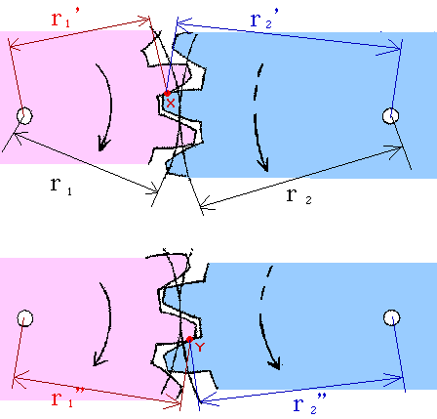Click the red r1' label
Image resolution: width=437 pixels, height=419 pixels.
click(64, 20)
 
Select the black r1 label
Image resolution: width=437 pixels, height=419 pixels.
click(61, 186)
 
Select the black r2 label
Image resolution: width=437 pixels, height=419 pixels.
click(299, 196)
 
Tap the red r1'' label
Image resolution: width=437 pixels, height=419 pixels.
click(67, 398)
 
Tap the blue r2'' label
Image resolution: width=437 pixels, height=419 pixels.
click(310, 403)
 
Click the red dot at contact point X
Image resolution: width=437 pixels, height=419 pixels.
click(167, 94)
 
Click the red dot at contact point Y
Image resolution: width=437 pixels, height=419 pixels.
click(189, 340)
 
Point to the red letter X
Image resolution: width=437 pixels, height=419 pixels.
click(171, 104)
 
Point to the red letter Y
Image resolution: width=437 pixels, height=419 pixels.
click(200, 347)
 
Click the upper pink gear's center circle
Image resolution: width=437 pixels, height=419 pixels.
click(24, 116)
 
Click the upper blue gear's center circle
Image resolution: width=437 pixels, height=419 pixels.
click(391, 116)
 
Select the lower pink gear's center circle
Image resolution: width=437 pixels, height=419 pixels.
click(24, 318)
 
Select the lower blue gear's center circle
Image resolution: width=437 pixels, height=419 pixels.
click(392, 317)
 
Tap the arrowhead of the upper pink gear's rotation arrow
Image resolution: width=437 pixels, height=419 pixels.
click(103, 145)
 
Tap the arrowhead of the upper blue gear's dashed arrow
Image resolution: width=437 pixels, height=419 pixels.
click(264, 165)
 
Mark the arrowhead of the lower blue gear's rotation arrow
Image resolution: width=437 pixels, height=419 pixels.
click(275, 364)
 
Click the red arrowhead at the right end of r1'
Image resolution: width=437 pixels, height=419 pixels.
click(146, 22)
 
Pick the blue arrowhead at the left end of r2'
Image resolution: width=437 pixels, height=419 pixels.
click(180, 23)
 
